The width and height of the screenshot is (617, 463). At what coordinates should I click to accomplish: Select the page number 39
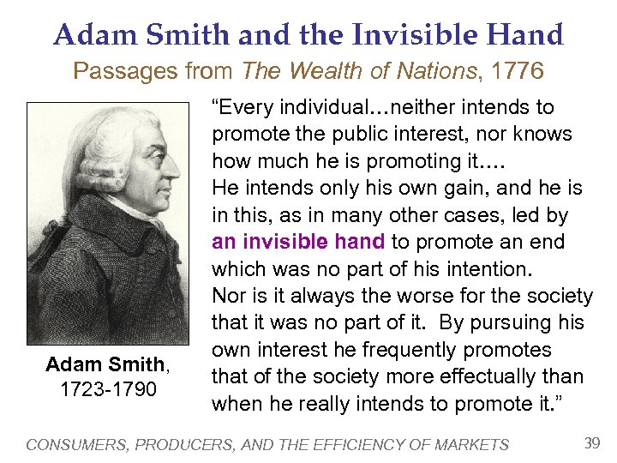coord(591,443)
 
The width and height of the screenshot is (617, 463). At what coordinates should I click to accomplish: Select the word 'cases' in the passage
coord(457,215)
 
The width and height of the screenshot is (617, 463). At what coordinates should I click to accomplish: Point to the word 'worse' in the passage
coord(435,296)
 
